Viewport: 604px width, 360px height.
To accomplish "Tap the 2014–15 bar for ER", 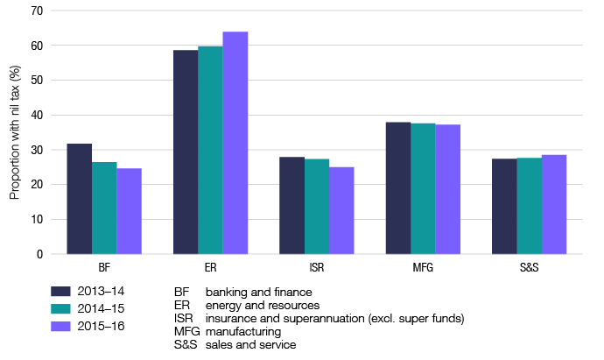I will pyautogui.click(x=210, y=150).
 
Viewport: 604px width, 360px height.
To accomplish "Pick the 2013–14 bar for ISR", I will pyautogui.click(x=291, y=206).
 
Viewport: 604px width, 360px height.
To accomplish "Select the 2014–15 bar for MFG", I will pyautogui.click(x=423, y=188).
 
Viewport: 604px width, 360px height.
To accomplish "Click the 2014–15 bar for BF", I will pyautogui.click(x=104, y=208).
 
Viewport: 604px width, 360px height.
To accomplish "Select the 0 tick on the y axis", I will pyautogui.click(x=39, y=255).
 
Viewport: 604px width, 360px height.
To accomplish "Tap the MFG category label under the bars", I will pyautogui.click(x=423, y=267).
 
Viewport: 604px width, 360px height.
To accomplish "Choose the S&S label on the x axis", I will pyautogui.click(x=529, y=267).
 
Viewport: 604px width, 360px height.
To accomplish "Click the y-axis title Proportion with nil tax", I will pyautogui.click(x=14, y=133).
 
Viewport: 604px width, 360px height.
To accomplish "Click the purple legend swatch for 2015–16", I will pyautogui.click(x=60, y=327).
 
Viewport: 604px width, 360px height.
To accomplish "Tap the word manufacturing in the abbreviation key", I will pyautogui.click(x=242, y=332).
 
